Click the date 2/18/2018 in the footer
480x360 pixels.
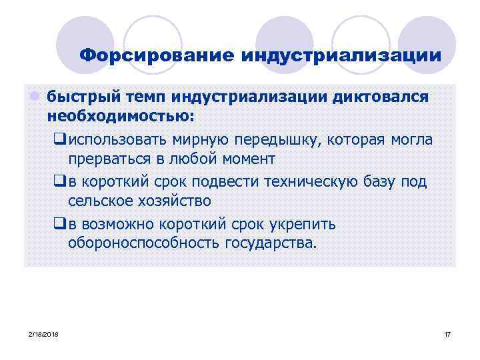[x=44, y=333]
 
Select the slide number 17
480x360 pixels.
[x=447, y=333]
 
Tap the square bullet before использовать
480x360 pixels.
[x=59, y=141]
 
